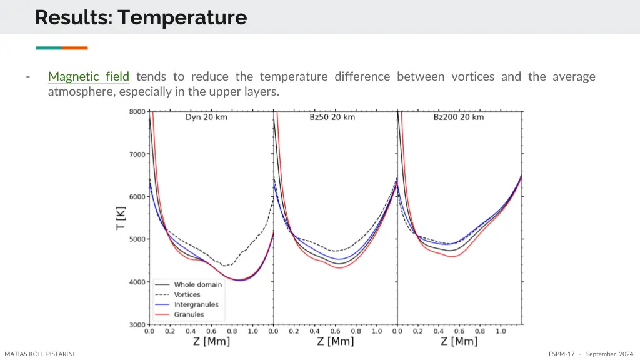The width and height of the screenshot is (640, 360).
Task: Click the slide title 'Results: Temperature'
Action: click(141, 17)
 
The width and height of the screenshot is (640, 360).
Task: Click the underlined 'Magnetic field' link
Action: click(89, 77)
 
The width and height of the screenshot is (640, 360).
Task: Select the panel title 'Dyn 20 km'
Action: click(206, 117)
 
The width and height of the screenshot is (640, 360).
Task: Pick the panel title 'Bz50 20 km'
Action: click(332, 117)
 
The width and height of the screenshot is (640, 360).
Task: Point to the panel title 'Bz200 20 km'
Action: click(459, 117)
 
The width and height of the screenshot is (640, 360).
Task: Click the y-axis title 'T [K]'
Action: click(121, 218)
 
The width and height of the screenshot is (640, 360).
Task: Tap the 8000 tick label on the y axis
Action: click(137, 112)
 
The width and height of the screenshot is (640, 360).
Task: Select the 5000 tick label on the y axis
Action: click(137, 239)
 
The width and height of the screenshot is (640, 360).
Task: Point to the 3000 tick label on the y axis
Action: click(137, 324)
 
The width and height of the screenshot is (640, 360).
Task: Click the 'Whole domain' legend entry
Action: click(197, 285)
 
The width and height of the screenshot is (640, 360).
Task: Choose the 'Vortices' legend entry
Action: click(187, 295)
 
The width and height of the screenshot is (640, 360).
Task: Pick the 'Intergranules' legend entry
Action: click(196, 305)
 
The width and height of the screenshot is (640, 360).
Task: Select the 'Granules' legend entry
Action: click(189, 315)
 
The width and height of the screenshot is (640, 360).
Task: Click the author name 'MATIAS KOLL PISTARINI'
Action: click(39, 354)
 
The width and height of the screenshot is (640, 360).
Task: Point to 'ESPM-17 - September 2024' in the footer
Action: click(591, 354)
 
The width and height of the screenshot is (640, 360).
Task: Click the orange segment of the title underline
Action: click(74, 48)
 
